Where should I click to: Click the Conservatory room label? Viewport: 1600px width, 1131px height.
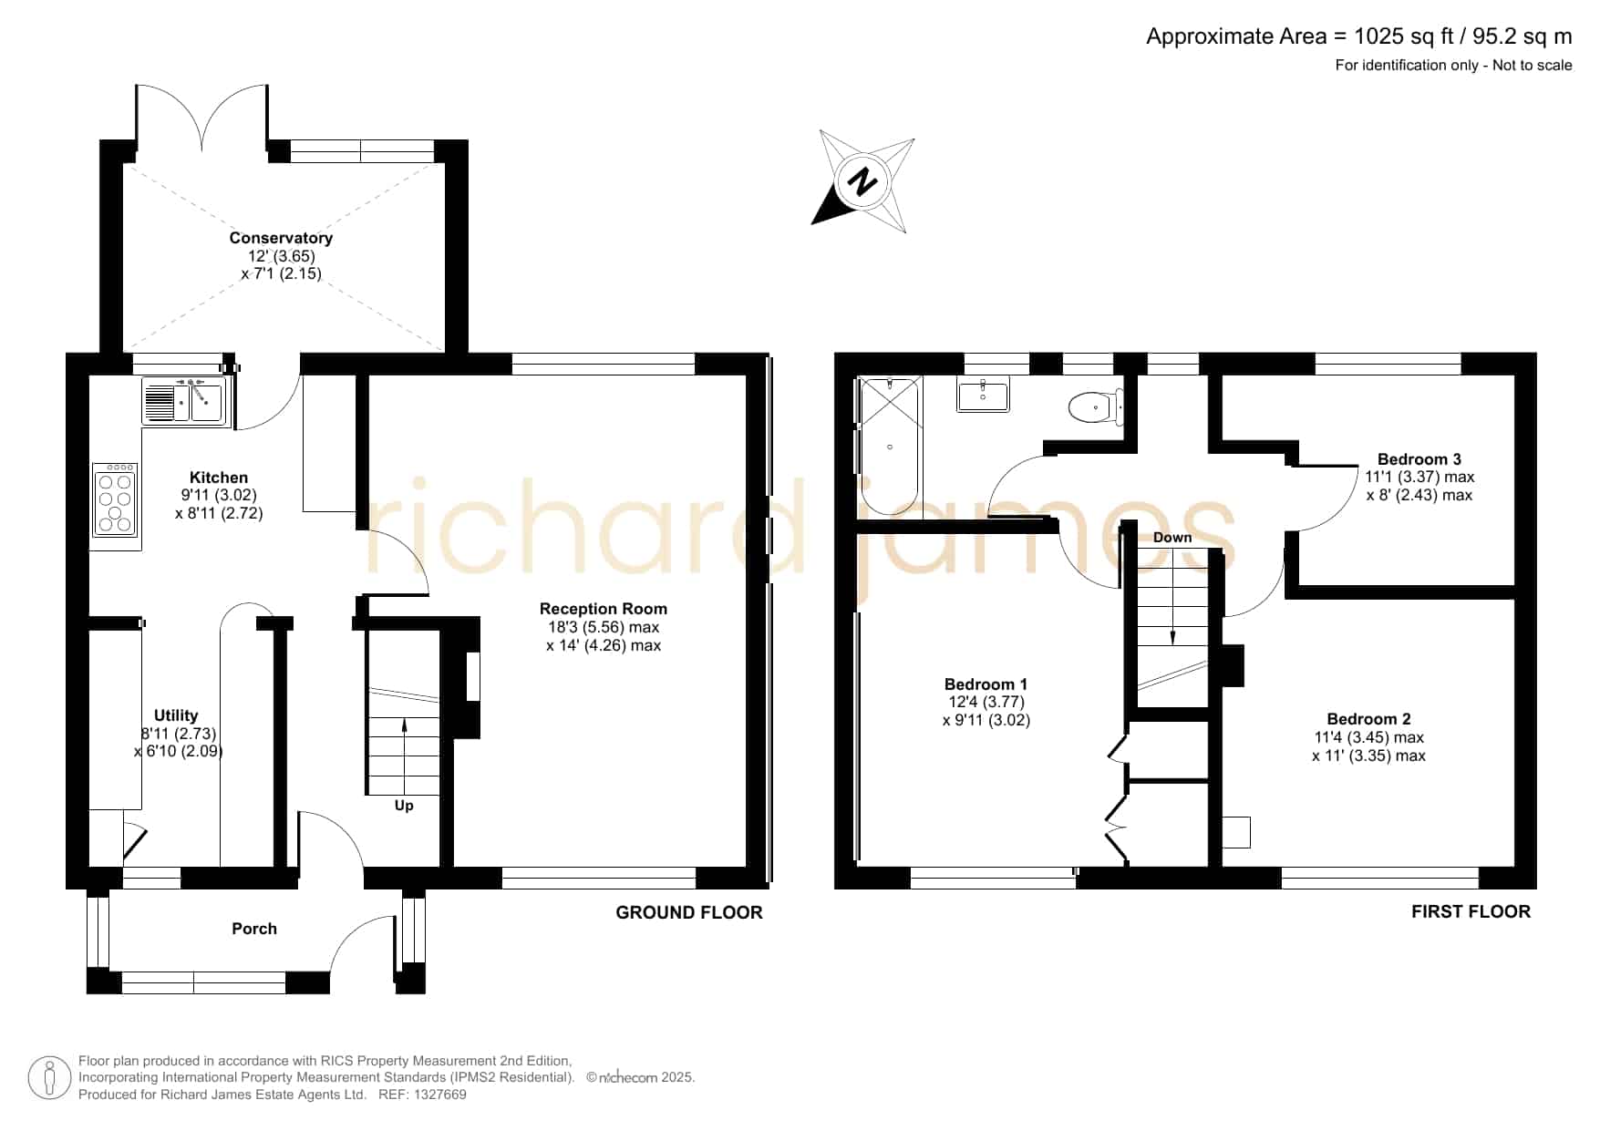281,238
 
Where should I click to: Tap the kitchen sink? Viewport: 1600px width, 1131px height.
184,401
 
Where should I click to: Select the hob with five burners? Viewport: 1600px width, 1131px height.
115,500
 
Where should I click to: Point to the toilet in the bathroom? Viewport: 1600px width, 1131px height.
1094,406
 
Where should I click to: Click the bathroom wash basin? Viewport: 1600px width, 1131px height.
983,396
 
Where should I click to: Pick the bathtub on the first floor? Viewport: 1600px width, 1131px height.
889,447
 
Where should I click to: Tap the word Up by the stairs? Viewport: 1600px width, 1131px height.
404,806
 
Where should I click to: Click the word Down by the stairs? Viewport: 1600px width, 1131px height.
1172,538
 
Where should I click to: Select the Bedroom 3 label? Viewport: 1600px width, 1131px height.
1419,459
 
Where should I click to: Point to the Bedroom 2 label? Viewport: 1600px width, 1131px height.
1368,719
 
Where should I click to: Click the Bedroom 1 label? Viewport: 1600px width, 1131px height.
986,684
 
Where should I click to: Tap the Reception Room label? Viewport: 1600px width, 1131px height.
604,609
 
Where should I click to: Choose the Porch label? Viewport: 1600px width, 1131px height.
254,929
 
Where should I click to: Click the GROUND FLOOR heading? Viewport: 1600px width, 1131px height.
689,912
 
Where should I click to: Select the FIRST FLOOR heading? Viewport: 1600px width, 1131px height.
1471,911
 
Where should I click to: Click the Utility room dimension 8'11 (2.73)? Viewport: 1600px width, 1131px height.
179,734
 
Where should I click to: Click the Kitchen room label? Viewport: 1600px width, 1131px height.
219,478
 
